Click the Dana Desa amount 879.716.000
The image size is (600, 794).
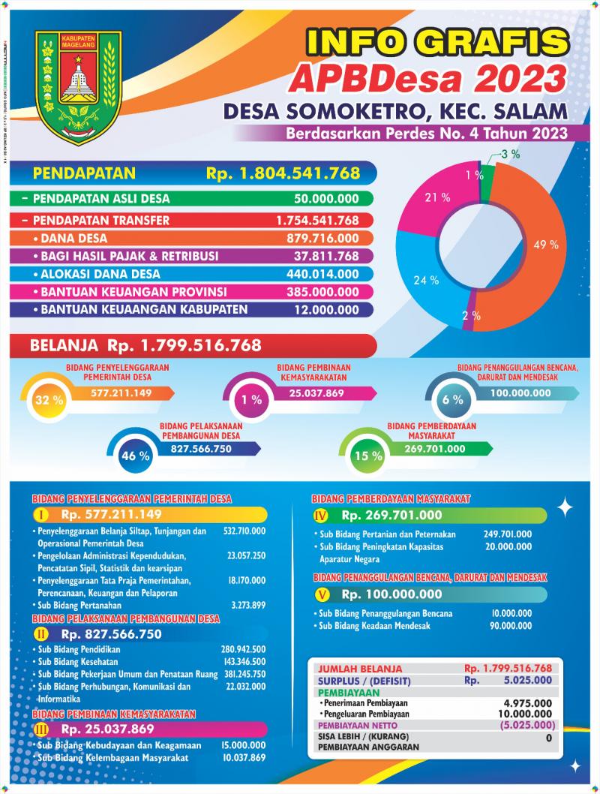click(322, 239)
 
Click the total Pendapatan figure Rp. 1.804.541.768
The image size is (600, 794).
click(283, 174)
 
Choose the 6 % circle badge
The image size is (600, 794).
click(452, 400)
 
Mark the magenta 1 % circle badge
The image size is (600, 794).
click(250, 400)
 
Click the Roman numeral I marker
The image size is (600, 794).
click(42, 516)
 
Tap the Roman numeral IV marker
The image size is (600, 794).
click(321, 516)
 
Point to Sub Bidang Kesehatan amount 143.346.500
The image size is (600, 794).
click(244, 661)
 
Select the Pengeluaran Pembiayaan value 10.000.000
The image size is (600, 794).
click(529, 714)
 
